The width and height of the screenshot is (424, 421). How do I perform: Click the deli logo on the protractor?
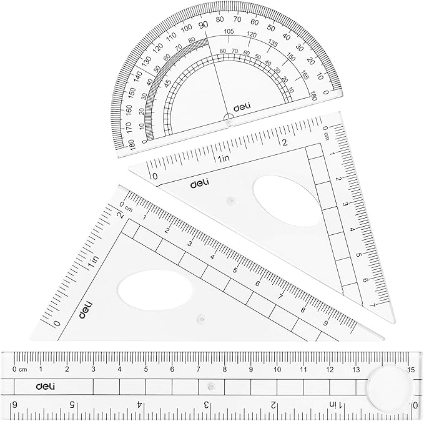pyautogui.click(x=242, y=107)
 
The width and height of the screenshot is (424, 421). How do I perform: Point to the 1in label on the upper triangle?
pyautogui.click(x=225, y=158)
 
